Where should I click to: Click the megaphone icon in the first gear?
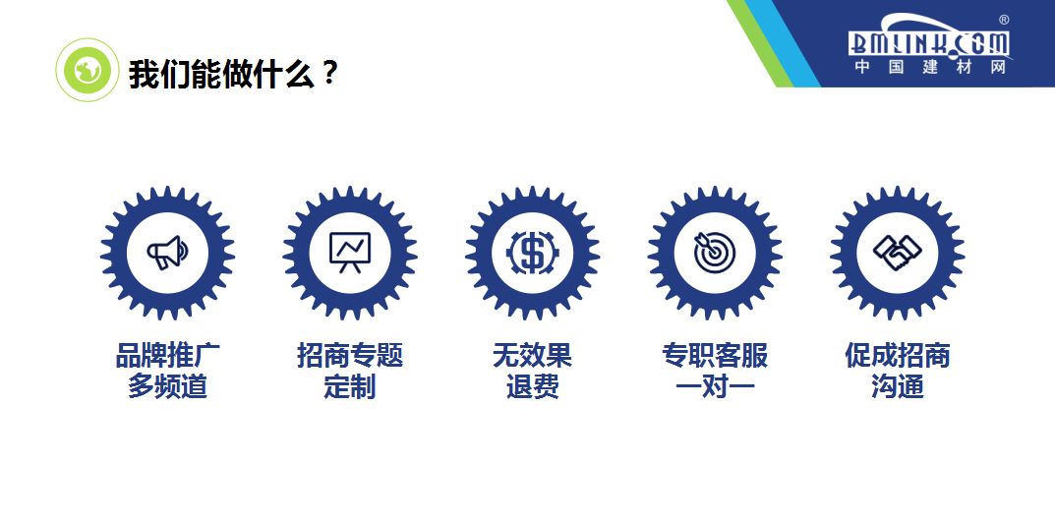(166, 253)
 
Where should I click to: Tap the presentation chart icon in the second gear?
(349, 253)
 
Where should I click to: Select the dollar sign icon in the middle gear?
(532, 253)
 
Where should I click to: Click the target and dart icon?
(714, 253)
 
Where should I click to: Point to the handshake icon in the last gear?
(897, 253)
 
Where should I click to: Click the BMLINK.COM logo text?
(929, 42)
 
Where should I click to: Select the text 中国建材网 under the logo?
(929, 68)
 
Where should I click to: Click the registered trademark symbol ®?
(1003, 20)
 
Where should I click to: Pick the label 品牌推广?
(166, 355)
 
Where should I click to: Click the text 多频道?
(166, 386)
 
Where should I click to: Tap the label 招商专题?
(349, 355)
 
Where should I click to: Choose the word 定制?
(349, 386)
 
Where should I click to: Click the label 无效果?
(532, 355)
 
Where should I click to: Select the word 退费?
(532, 386)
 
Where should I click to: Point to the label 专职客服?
(715, 355)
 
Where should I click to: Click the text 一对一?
(715, 386)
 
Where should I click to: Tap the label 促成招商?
(897, 355)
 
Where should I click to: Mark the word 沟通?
(897, 386)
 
